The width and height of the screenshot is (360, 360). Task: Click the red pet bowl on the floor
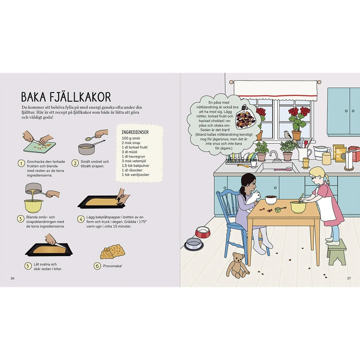click(x=203, y=232)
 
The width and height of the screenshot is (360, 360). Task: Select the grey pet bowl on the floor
click(x=194, y=244)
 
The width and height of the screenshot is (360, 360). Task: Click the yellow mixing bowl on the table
click(x=298, y=207)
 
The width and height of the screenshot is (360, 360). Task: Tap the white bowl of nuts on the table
click(x=271, y=200)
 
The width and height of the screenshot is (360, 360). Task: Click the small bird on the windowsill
click(x=287, y=134)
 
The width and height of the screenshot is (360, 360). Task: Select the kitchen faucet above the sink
click(x=274, y=156)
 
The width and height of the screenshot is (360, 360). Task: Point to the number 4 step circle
click(x=81, y=219)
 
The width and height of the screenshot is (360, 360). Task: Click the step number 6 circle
click(x=97, y=266)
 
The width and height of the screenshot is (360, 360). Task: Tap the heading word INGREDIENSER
click(x=135, y=132)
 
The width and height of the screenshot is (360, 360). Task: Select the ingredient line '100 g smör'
click(x=131, y=138)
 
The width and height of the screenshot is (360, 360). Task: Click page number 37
click(x=349, y=278)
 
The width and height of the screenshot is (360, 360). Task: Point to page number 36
click(x=12, y=278)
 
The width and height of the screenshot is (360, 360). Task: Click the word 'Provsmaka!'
click(x=112, y=266)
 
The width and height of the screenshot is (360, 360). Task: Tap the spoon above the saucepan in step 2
click(x=90, y=138)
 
